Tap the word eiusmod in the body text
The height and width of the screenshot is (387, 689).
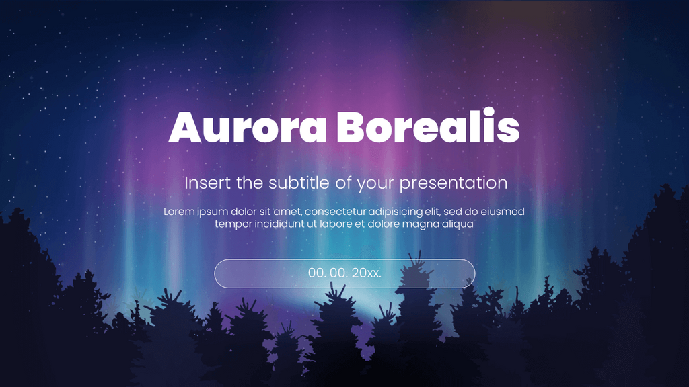[x=503, y=212]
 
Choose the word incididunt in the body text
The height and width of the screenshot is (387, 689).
[x=278, y=224]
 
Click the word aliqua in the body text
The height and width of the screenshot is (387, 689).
[x=458, y=224]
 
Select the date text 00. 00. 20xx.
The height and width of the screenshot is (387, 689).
[x=344, y=273]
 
